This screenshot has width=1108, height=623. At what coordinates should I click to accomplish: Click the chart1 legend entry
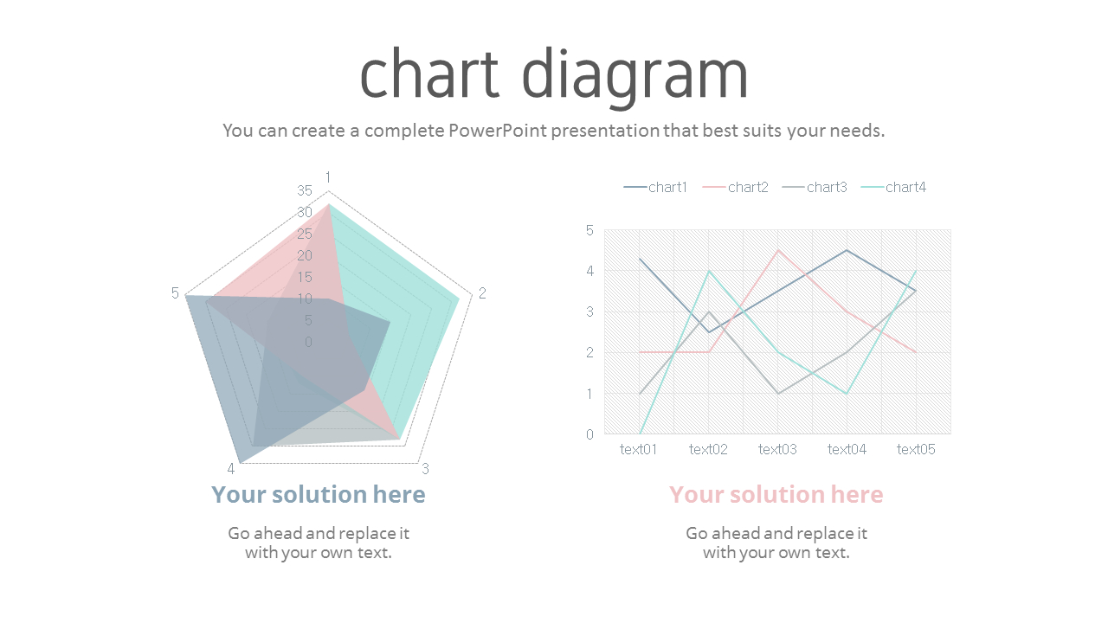click(655, 187)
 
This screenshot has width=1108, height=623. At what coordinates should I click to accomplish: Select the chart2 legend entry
click(735, 187)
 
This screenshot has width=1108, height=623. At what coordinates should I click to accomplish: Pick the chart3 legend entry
click(815, 187)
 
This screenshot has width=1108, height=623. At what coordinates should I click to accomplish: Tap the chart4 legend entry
click(893, 187)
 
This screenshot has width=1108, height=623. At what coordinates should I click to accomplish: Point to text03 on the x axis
click(777, 449)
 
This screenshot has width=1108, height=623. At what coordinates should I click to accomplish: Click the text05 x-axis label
click(916, 449)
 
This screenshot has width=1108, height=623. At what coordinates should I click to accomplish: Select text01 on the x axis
click(639, 449)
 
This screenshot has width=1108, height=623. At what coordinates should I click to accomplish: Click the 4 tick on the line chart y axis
click(589, 271)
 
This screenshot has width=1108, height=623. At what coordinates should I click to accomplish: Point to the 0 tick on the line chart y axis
click(589, 434)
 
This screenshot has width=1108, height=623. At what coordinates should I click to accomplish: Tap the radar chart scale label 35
click(305, 191)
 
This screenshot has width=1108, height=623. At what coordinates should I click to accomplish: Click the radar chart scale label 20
click(305, 255)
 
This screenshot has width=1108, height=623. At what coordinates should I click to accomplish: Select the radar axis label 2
click(482, 293)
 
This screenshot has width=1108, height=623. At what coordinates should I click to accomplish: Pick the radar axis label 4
click(231, 469)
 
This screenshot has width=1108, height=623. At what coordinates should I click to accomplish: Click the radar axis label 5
click(175, 293)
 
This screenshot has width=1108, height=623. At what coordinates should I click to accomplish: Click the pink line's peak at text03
click(778, 250)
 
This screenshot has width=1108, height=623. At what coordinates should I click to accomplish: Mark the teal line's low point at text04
click(847, 394)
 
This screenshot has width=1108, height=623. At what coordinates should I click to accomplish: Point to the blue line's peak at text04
click(847, 250)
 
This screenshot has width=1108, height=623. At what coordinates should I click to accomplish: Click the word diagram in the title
click(635, 74)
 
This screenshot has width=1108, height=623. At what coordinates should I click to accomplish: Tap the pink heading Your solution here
click(776, 494)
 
